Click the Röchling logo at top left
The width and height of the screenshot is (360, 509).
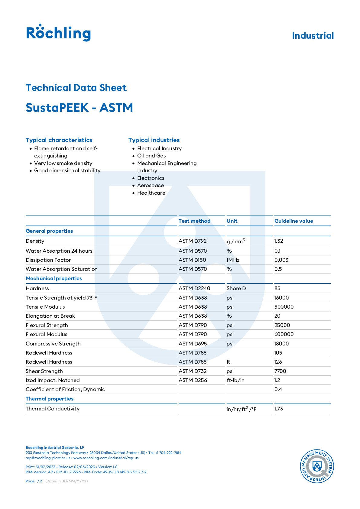click(58, 33)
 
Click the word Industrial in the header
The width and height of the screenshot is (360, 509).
click(313, 36)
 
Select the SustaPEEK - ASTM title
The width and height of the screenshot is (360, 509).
click(79, 108)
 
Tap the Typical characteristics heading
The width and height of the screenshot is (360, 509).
click(59, 140)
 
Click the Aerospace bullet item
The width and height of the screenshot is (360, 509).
click(150, 185)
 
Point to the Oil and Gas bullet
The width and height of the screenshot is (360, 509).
click(151, 156)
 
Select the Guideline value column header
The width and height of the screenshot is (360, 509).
click(294, 221)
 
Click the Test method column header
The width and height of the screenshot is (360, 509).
click(194, 221)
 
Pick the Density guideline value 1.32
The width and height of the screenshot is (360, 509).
click(279, 241)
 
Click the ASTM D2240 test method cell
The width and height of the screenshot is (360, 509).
click(194, 288)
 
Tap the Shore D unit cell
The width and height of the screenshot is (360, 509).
click(236, 288)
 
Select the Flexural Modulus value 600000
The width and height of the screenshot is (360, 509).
click(284, 334)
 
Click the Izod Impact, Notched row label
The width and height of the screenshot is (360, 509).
click(53, 380)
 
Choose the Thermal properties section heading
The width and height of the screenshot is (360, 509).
click(50, 399)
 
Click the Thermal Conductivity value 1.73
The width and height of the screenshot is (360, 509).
click(279, 409)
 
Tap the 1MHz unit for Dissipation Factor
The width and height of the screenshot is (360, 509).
click(233, 260)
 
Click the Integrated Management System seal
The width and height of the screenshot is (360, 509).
click(317, 466)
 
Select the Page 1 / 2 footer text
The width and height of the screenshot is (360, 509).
click(34, 481)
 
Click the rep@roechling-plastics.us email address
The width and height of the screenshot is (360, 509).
click(48, 458)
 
